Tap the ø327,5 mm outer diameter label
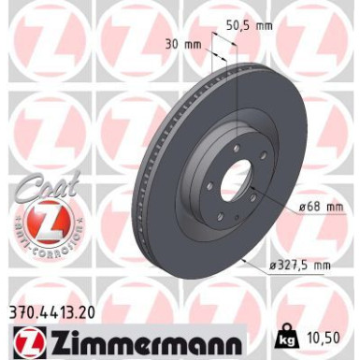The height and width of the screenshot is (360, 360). click(300, 266)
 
